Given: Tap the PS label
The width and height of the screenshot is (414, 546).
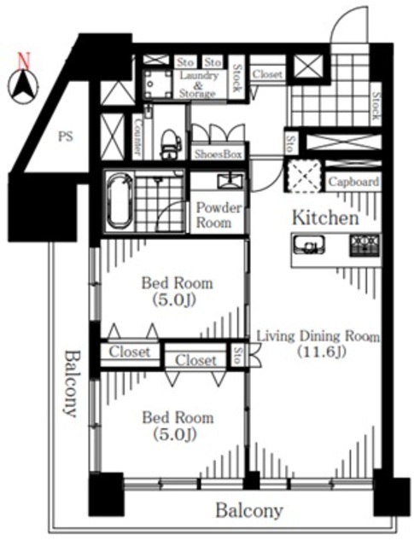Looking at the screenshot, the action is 66,136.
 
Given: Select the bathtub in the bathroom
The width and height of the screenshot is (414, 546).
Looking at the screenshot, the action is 120,200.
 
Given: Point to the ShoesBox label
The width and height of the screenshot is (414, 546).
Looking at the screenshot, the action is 219,154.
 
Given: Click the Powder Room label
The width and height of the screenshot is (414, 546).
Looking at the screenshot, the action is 219,215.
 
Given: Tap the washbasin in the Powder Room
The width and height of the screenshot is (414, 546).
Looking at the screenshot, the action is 230,181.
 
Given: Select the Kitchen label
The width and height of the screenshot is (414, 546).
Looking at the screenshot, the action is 325,218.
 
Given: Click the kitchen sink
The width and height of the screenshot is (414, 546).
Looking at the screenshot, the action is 309,246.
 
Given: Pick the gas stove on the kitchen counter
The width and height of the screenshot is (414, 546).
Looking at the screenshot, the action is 364,246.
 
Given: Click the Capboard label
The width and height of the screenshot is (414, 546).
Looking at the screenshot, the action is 353,182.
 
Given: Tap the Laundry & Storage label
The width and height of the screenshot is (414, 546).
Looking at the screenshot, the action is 197,84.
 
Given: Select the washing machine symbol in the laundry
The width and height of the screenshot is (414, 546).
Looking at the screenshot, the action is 158,84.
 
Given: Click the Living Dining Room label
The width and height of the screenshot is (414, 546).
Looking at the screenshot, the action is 318,336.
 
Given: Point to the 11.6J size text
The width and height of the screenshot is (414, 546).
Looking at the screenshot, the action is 321,352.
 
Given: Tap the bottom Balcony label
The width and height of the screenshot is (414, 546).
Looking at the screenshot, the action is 249,511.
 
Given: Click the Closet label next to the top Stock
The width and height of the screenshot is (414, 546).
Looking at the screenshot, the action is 267,74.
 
